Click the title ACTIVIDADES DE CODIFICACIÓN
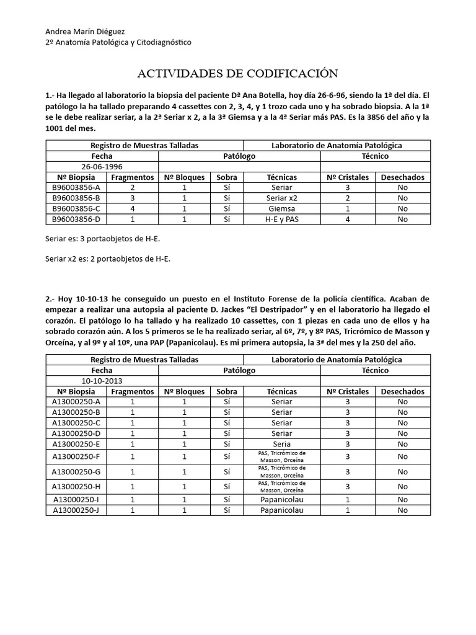[237, 74]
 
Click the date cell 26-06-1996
[102, 166]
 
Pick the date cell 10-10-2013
[102, 381]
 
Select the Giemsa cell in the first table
[282, 208]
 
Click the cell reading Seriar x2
[282, 198]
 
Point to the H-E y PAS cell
[282, 219]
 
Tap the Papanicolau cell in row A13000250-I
[282, 499]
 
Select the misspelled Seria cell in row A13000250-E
[282, 444]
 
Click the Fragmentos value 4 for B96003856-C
[132, 208]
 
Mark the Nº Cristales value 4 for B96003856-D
[347, 219]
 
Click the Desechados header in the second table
[403, 391]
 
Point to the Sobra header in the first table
[227, 177]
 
